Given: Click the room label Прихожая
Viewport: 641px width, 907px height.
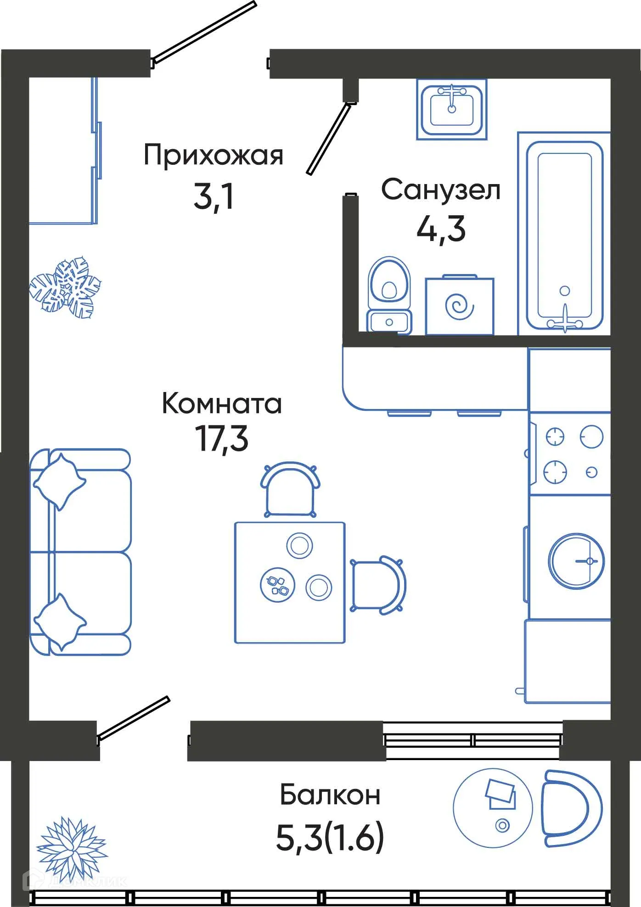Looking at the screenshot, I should [x=213, y=156].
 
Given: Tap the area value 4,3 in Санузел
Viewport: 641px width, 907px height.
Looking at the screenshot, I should [x=440, y=229].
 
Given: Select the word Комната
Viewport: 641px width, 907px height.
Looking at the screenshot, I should [x=222, y=404].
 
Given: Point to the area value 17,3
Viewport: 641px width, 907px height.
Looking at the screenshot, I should [x=222, y=439].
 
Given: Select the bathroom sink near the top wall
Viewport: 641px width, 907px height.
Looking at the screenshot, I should [x=451, y=109].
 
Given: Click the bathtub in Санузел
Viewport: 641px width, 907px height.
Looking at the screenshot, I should [x=564, y=234].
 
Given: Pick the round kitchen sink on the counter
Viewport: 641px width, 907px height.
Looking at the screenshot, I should [x=576, y=560].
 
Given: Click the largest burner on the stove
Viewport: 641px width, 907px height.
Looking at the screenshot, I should [x=591, y=437].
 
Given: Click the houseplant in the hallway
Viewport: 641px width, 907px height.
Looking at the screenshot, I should [x=65, y=287].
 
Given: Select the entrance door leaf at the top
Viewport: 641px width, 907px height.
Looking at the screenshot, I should [x=204, y=32].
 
